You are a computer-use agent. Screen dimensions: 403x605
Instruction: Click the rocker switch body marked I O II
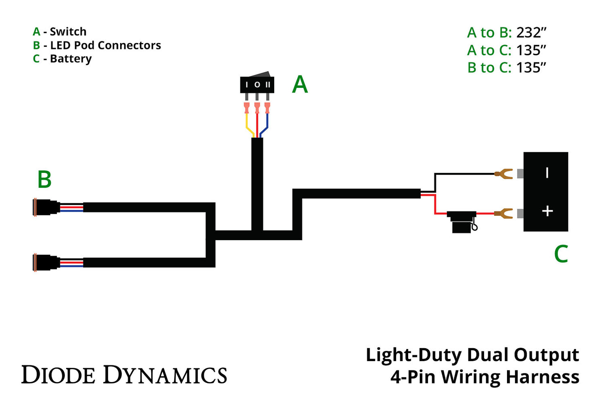coord(257,85)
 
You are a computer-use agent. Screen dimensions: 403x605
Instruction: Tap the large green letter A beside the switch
coord(300,85)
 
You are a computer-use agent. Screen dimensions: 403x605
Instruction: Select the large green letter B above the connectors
coord(44,180)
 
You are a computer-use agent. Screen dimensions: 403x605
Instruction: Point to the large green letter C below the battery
coord(561,254)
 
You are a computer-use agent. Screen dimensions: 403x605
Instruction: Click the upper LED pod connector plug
coord(45,208)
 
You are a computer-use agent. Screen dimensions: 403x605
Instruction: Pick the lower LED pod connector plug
coord(45,263)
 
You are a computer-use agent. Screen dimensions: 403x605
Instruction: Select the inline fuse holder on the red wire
coord(461,221)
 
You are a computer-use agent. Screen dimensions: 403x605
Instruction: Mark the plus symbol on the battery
coord(547,211)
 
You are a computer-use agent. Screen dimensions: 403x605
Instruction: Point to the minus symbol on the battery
coord(547,172)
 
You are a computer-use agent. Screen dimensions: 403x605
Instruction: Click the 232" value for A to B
coord(531,33)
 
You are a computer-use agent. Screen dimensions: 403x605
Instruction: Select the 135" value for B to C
coord(531,67)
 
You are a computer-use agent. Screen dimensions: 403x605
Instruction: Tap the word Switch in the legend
coord(68,32)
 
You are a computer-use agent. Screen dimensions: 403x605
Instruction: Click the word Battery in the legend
coord(70,59)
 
